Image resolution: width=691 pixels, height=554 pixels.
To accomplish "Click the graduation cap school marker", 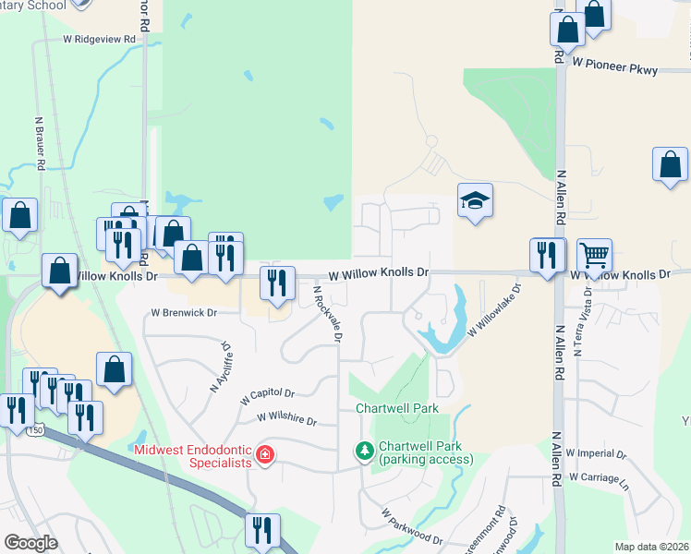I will click(475, 201).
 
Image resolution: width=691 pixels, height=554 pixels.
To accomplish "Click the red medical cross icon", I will click(265, 454).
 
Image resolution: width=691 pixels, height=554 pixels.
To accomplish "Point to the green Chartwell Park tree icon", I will click(365, 451).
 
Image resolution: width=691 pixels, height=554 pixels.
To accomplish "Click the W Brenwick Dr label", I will click(185, 313).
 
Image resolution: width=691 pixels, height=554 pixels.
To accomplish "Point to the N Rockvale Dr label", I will click(327, 314).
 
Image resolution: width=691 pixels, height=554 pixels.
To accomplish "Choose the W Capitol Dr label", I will click(266, 397).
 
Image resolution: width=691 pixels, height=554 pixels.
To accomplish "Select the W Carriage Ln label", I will click(598, 476).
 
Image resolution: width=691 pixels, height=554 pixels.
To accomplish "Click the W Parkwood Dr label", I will click(412, 524).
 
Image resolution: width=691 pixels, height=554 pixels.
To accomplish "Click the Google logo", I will click(31, 543).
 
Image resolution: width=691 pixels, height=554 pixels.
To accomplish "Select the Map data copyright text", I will click(652, 547).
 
